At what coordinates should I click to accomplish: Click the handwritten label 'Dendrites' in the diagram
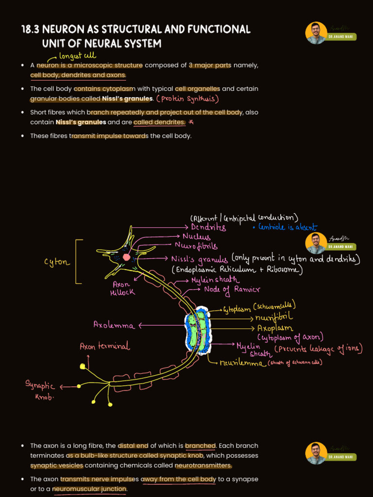(x=208, y=227)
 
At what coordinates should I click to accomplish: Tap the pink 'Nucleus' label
(x=196, y=237)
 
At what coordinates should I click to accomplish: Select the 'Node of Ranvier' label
(x=225, y=289)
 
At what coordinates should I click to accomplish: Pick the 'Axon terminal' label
(x=104, y=347)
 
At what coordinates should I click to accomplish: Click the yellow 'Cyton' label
(x=57, y=263)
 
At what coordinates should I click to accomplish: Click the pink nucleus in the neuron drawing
(x=127, y=257)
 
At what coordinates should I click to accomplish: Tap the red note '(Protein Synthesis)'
(x=187, y=99)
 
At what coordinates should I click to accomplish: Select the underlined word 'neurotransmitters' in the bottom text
(x=203, y=465)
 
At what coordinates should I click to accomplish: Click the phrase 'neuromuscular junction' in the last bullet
(x=90, y=489)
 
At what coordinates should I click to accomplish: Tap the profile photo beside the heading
(x=316, y=33)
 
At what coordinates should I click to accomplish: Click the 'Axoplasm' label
(x=275, y=328)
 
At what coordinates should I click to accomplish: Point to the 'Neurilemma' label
(x=243, y=363)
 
